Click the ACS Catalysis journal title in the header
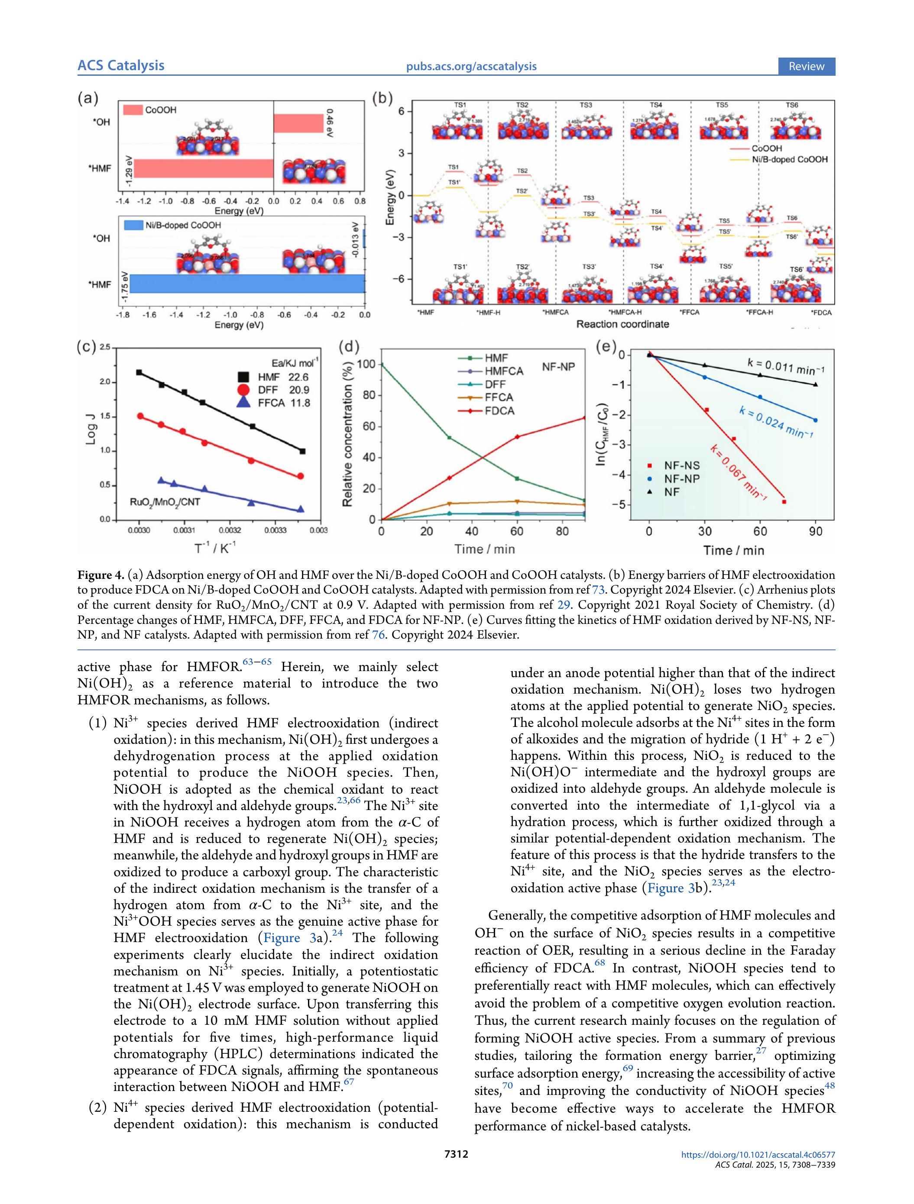pos(120,66)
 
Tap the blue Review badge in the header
pos(806,66)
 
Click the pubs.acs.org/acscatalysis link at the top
pos(471,66)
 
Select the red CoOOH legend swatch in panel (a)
pos(133,110)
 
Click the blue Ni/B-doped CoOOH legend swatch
pos(133,225)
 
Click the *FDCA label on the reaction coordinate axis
pos(821,313)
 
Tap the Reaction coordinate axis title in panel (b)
pos(622,324)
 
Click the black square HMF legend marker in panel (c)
pos(243,377)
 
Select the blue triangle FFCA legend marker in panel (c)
pos(243,403)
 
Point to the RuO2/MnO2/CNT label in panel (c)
pos(165,502)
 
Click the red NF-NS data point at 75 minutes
pos(784,501)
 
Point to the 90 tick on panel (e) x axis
pos(815,531)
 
